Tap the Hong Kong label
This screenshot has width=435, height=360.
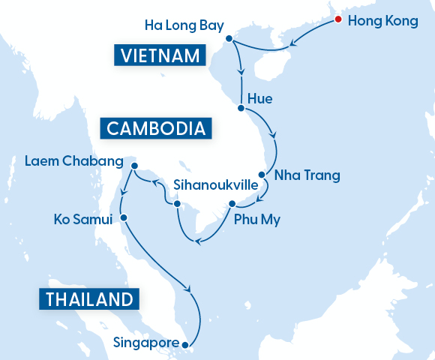[x=384, y=21]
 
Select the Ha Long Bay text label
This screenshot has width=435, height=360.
[x=184, y=26]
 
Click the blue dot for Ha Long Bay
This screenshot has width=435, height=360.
[x=229, y=37]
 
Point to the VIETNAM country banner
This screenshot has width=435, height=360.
[x=159, y=55]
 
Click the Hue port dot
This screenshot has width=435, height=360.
[x=241, y=109]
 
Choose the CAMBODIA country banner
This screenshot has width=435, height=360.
[x=156, y=128]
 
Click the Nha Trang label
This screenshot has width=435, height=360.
[x=307, y=175]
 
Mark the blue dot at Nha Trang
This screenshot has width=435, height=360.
[x=262, y=172]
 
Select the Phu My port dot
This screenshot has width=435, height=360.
[x=232, y=203]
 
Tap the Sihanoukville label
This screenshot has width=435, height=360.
[x=216, y=184]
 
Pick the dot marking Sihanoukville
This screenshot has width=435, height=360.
[x=177, y=203]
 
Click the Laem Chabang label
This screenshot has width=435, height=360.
[x=73, y=161]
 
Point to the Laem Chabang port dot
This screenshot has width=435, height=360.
[x=133, y=166]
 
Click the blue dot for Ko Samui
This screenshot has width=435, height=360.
[x=124, y=218]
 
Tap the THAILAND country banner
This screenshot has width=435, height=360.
[x=89, y=299]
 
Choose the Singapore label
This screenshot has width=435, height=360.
[x=146, y=343]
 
